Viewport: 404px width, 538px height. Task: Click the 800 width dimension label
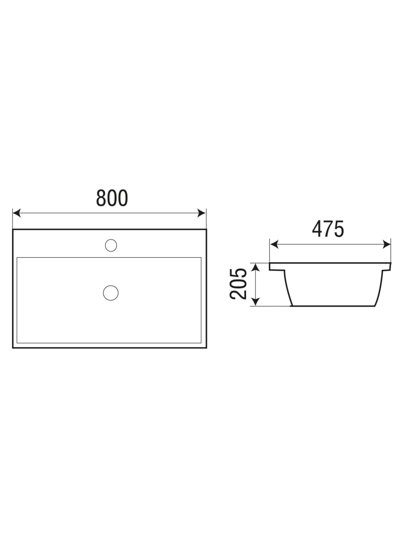112,198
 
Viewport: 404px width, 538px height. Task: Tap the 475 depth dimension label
328,229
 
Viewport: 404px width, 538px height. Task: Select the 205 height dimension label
238,284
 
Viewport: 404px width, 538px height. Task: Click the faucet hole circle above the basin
111,245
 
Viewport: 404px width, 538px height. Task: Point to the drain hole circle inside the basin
111,293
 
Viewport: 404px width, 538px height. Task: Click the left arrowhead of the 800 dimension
17,213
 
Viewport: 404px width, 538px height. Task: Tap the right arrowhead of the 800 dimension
202,213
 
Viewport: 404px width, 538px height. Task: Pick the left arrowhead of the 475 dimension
274,244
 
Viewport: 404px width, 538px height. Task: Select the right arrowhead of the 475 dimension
386,244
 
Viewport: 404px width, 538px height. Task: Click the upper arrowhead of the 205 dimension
255,267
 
